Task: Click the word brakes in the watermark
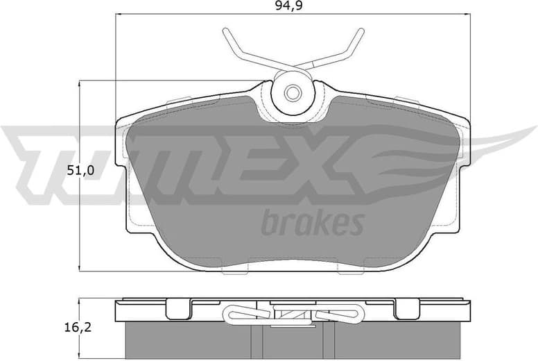(x=312, y=224)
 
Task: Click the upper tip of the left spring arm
(x=225, y=31)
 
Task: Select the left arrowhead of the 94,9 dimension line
(x=117, y=14)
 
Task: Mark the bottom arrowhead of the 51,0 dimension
(x=80, y=268)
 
